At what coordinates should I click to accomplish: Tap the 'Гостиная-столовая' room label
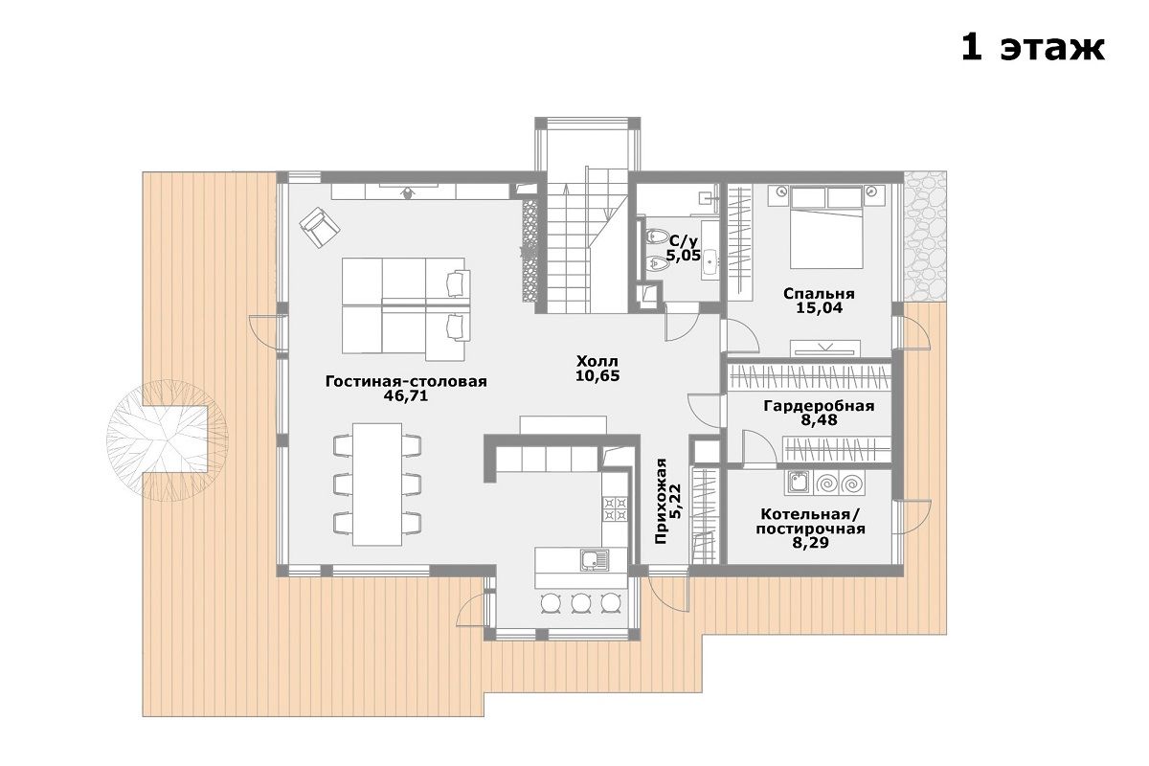406,381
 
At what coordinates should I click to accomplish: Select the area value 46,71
405,396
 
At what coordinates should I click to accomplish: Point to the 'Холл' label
597,361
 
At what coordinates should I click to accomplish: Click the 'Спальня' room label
819,293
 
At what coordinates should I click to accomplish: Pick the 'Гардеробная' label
819,406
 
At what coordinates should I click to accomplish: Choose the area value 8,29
810,542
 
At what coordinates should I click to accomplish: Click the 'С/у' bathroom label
684,241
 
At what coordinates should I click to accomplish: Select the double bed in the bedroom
826,227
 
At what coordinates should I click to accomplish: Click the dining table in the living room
377,484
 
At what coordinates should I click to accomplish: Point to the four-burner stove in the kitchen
615,508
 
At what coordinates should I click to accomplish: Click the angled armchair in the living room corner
320,227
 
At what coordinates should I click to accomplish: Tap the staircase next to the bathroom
586,239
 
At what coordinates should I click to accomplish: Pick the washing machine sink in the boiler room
798,483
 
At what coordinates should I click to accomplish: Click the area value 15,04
820,308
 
